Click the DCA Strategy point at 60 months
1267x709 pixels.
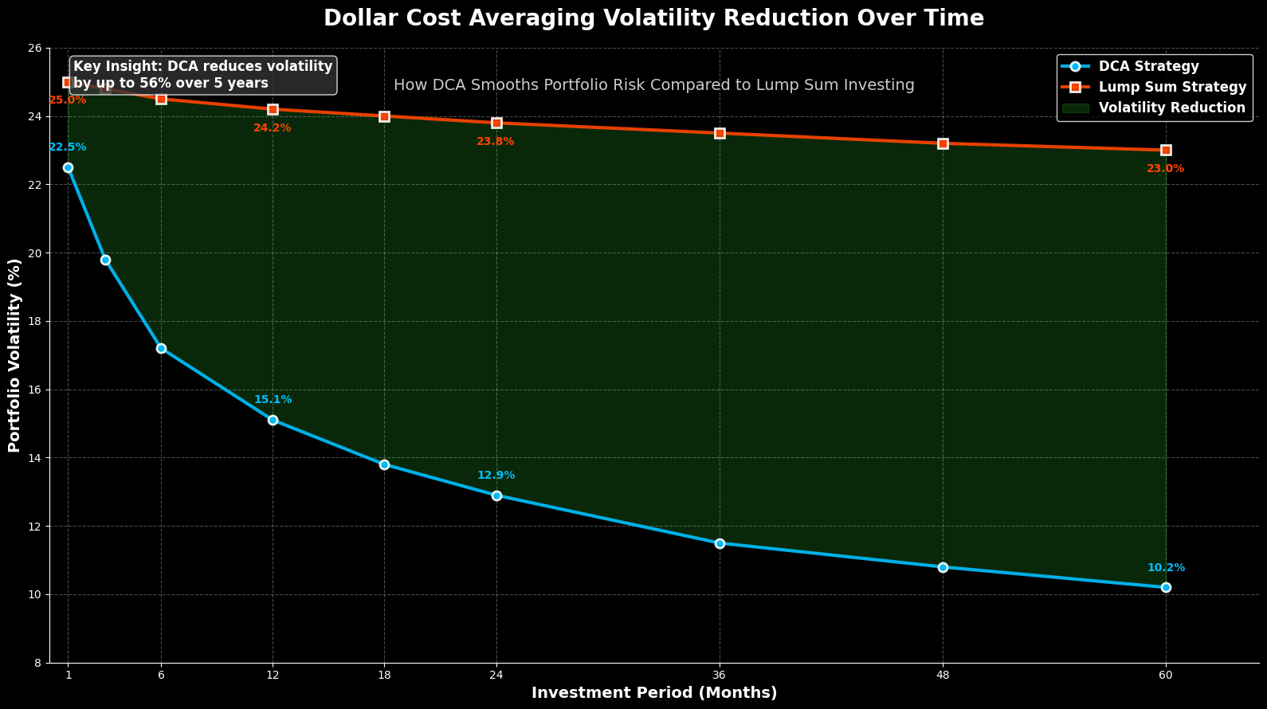click(x=1166, y=587)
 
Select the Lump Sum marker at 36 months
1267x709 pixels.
click(x=720, y=133)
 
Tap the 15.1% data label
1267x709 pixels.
click(x=273, y=400)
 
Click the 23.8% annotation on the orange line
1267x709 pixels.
click(x=496, y=142)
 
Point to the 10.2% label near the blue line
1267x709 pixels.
click(x=1166, y=568)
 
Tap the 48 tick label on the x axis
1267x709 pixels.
click(x=943, y=675)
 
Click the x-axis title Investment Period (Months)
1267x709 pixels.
click(x=654, y=693)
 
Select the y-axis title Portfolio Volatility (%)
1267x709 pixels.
click(x=14, y=355)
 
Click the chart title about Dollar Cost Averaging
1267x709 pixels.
click(x=653, y=18)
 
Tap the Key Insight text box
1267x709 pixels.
click(x=202, y=75)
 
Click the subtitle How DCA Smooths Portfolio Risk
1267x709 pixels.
click(x=653, y=85)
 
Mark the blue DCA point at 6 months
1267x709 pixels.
click(x=161, y=348)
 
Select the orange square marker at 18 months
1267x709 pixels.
click(x=384, y=116)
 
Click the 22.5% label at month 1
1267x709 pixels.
click(x=68, y=147)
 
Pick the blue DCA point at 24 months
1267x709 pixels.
click(x=496, y=496)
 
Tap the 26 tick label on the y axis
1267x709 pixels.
click(x=36, y=49)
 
